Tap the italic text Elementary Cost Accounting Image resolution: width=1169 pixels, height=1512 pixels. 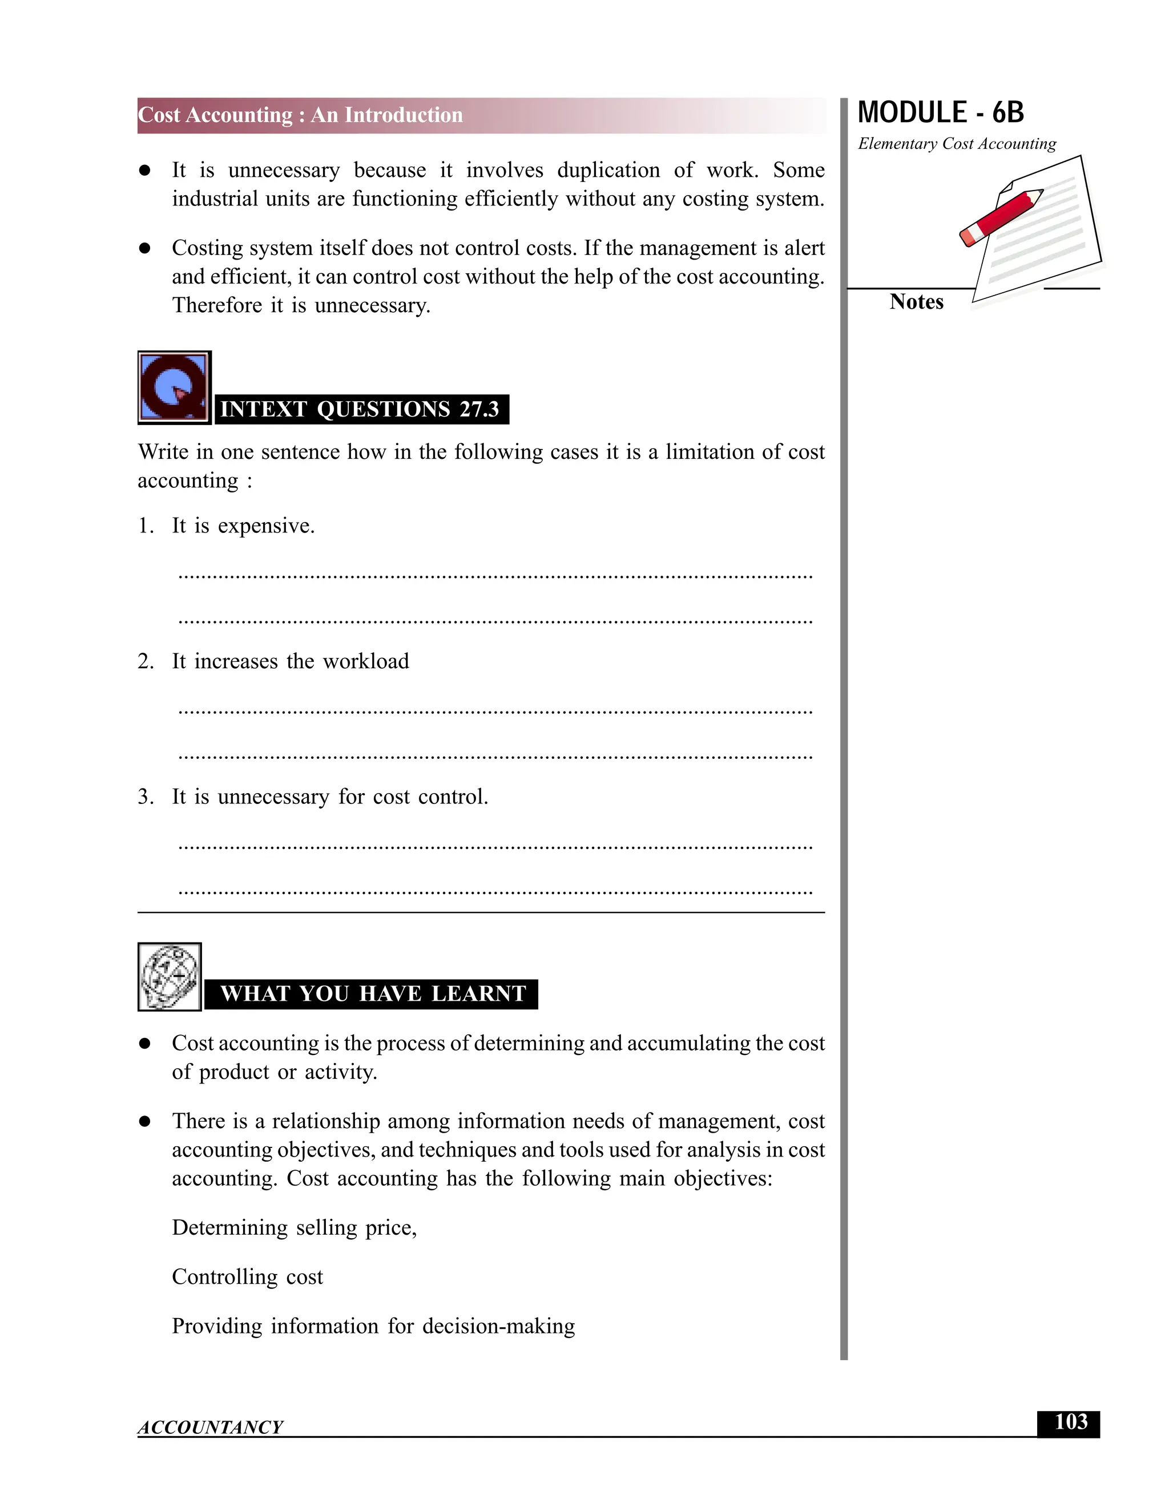pyautogui.click(x=957, y=144)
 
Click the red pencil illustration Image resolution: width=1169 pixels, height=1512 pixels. pyautogui.click(x=1001, y=217)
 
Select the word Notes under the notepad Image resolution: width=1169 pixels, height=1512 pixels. pyautogui.click(x=916, y=302)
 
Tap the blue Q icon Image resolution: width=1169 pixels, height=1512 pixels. pyautogui.click(x=174, y=387)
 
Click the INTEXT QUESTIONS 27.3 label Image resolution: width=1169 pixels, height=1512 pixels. pyautogui.click(x=360, y=409)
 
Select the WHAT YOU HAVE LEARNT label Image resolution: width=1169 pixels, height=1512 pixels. pyautogui.click(x=373, y=993)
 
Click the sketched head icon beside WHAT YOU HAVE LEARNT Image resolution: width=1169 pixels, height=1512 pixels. pyautogui.click(x=170, y=976)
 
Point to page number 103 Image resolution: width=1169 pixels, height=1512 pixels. pyautogui.click(x=1070, y=1422)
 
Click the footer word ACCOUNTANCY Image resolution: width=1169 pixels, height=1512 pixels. pyautogui.click(x=211, y=1428)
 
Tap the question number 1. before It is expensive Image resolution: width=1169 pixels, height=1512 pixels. pyautogui.click(x=146, y=526)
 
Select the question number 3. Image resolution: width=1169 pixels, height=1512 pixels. pyautogui.click(x=146, y=797)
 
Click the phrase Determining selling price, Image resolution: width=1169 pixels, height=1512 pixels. pyautogui.click(x=295, y=1227)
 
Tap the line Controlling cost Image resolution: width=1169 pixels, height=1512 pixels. pyautogui.click(x=247, y=1276)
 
